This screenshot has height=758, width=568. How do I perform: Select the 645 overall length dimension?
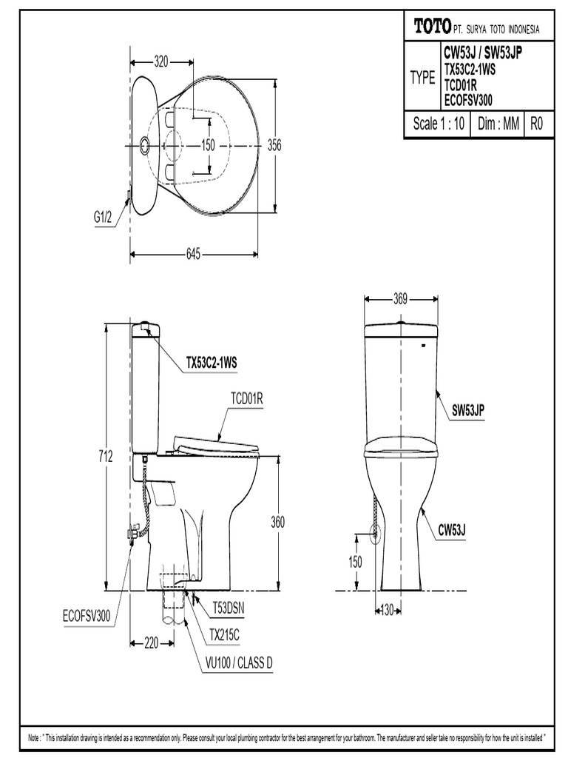tap(193, 255)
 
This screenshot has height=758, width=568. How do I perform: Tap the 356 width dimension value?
tap(274, 146)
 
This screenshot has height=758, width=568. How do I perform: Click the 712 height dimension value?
tap(105, 457)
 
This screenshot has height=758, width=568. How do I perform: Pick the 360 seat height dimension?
tap(277, 523)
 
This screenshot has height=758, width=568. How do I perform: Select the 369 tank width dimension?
tap(400, 299)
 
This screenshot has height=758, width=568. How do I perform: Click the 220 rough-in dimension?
tap(152, 643)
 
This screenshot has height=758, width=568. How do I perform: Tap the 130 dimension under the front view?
tap(385, 610)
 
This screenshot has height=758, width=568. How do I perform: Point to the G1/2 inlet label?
tap(103, 217)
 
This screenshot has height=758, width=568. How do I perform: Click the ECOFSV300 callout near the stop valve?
tap(85, 615)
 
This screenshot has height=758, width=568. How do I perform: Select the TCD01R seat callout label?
tap(246, 400)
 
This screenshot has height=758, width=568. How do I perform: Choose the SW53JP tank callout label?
tap(468, 408)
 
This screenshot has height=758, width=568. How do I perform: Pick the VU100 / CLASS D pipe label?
tap(239, 663)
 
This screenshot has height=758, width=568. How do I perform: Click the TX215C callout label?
tap(224, 634)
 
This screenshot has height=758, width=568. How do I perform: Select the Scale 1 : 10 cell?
tap(439, 124)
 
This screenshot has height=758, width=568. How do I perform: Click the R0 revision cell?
tap(537, 124)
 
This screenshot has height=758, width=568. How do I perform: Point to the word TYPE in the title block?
tap(423, 78)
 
